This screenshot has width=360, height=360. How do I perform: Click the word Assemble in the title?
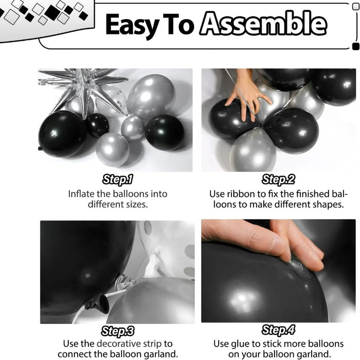[x=263, y=24]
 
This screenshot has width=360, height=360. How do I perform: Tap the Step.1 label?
[x=117, y=179]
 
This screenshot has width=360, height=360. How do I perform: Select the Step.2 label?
[x=278, y=179]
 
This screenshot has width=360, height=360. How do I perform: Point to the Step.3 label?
[x=118, y=331]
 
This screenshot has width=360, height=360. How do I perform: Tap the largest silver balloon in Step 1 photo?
[x=150, y=96]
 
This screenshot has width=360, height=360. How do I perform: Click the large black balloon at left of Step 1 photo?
[x=62, y=134]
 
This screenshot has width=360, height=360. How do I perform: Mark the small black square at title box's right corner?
[x=355, y=47]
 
